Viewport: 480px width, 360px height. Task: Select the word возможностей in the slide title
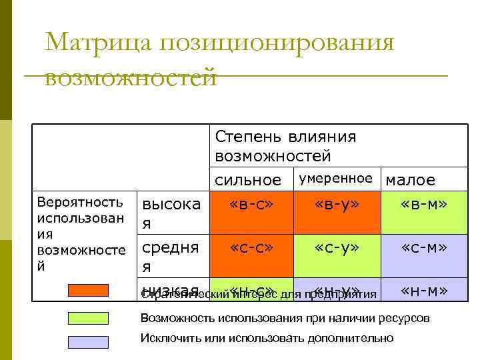point(131,77)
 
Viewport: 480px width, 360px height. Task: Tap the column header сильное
point(248,180)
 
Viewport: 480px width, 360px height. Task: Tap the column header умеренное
point(335,179)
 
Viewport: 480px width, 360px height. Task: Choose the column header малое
point(411,180)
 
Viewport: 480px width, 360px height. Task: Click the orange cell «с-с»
point(251,248)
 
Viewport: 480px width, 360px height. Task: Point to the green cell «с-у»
point(337,248)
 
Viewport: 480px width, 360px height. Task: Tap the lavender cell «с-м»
point(424,248)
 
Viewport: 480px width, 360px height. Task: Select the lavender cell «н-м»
point(424,289)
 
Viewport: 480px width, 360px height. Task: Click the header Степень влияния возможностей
point(285,146)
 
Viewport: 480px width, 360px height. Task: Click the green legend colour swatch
point(89,318)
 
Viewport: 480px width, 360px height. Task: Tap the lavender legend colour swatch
point(89,341)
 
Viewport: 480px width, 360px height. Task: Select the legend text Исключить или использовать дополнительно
point(267,339)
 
